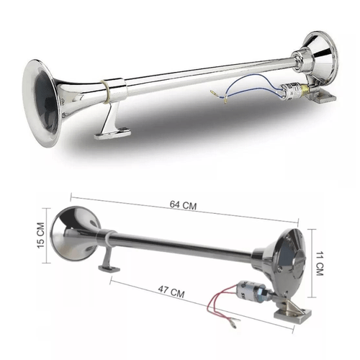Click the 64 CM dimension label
[183, 205]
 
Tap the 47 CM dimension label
[171, 292]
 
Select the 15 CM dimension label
[41, 235]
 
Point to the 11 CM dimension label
[320, 264]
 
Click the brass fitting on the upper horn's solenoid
[305, 88]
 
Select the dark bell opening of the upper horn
[46, 102]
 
